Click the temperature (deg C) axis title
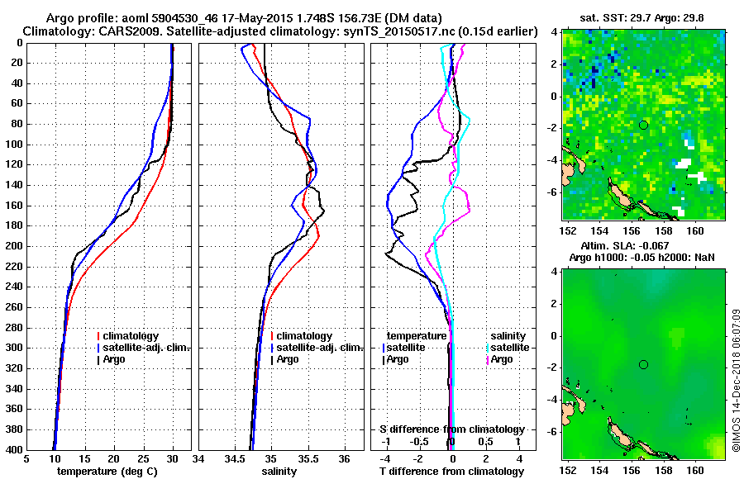107,472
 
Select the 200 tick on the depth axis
14,246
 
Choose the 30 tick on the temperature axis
172,460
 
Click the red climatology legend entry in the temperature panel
132,336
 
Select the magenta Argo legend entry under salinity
503,359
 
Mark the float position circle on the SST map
643,125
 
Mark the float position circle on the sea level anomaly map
643,364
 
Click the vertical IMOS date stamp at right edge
736,380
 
